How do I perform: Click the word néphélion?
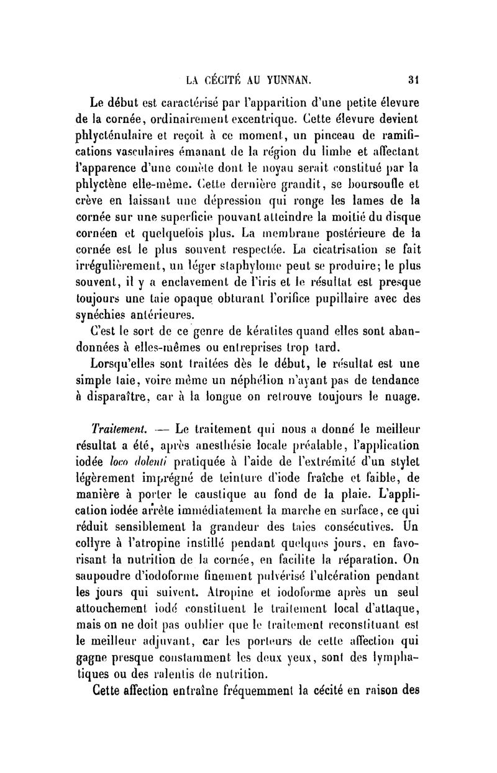click(x=260, y=379)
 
